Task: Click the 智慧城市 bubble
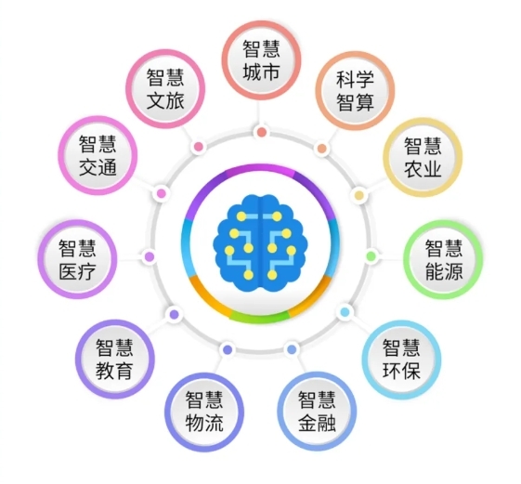[261, 60]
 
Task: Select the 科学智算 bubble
[355, 91]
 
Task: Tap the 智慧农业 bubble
[423, 157]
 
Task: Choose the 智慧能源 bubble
[443, 259]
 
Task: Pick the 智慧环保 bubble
[401, 360]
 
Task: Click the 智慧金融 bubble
[317, 412]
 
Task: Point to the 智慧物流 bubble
[204, 412]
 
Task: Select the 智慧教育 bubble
[115, 359]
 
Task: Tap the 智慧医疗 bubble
[77, 259]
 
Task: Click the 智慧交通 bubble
[98, 155]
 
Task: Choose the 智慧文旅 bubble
[165, 89]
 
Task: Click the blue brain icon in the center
[260, 242]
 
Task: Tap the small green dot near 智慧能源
[371, 256]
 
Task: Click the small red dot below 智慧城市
[262, 132]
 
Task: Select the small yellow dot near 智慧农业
[358, 195]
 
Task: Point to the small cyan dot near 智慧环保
[345, 312]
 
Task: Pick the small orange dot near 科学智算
[321, 149]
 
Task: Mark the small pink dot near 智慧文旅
[198, 146]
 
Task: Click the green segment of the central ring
[260, 317]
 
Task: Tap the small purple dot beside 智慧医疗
[150, 256]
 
